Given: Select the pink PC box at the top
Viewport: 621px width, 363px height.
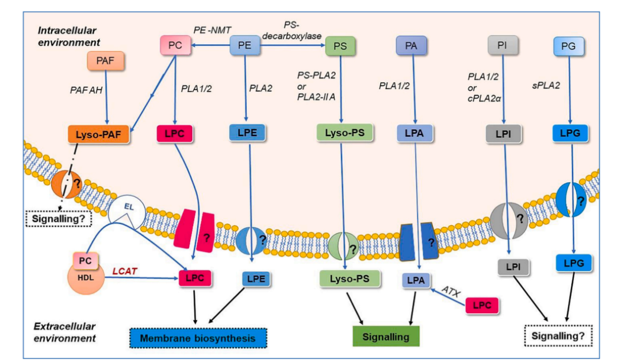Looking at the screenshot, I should tap(175, 45).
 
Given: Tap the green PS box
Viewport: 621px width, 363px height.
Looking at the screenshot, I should tap(340, 46).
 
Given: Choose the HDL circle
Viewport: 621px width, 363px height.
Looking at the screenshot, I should tap(85, 275).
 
